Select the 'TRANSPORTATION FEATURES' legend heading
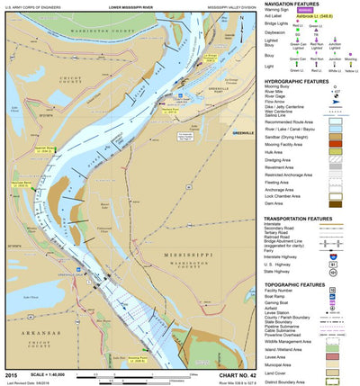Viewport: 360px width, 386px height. (x=305, y=218)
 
